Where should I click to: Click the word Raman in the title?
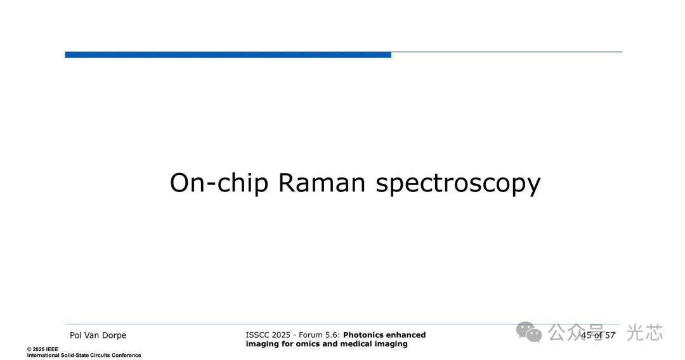coord(322,183)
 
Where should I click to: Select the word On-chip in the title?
coord(219,183)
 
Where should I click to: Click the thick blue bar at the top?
coord(228,55)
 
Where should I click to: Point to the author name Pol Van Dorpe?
coord(98,335)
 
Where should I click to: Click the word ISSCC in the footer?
coord(258,335)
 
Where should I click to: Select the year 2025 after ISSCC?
coord(281,335)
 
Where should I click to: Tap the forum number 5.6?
coord(331,335)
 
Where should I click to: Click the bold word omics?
coord(308,344)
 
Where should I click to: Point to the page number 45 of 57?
coord(598,335)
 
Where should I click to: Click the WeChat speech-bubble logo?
coord(529,332)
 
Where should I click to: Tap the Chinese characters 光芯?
coord(645,333)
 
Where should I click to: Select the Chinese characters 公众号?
coord(576,333)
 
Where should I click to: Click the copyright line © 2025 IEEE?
coord(42,349)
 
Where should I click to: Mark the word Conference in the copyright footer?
coord(126,355)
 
